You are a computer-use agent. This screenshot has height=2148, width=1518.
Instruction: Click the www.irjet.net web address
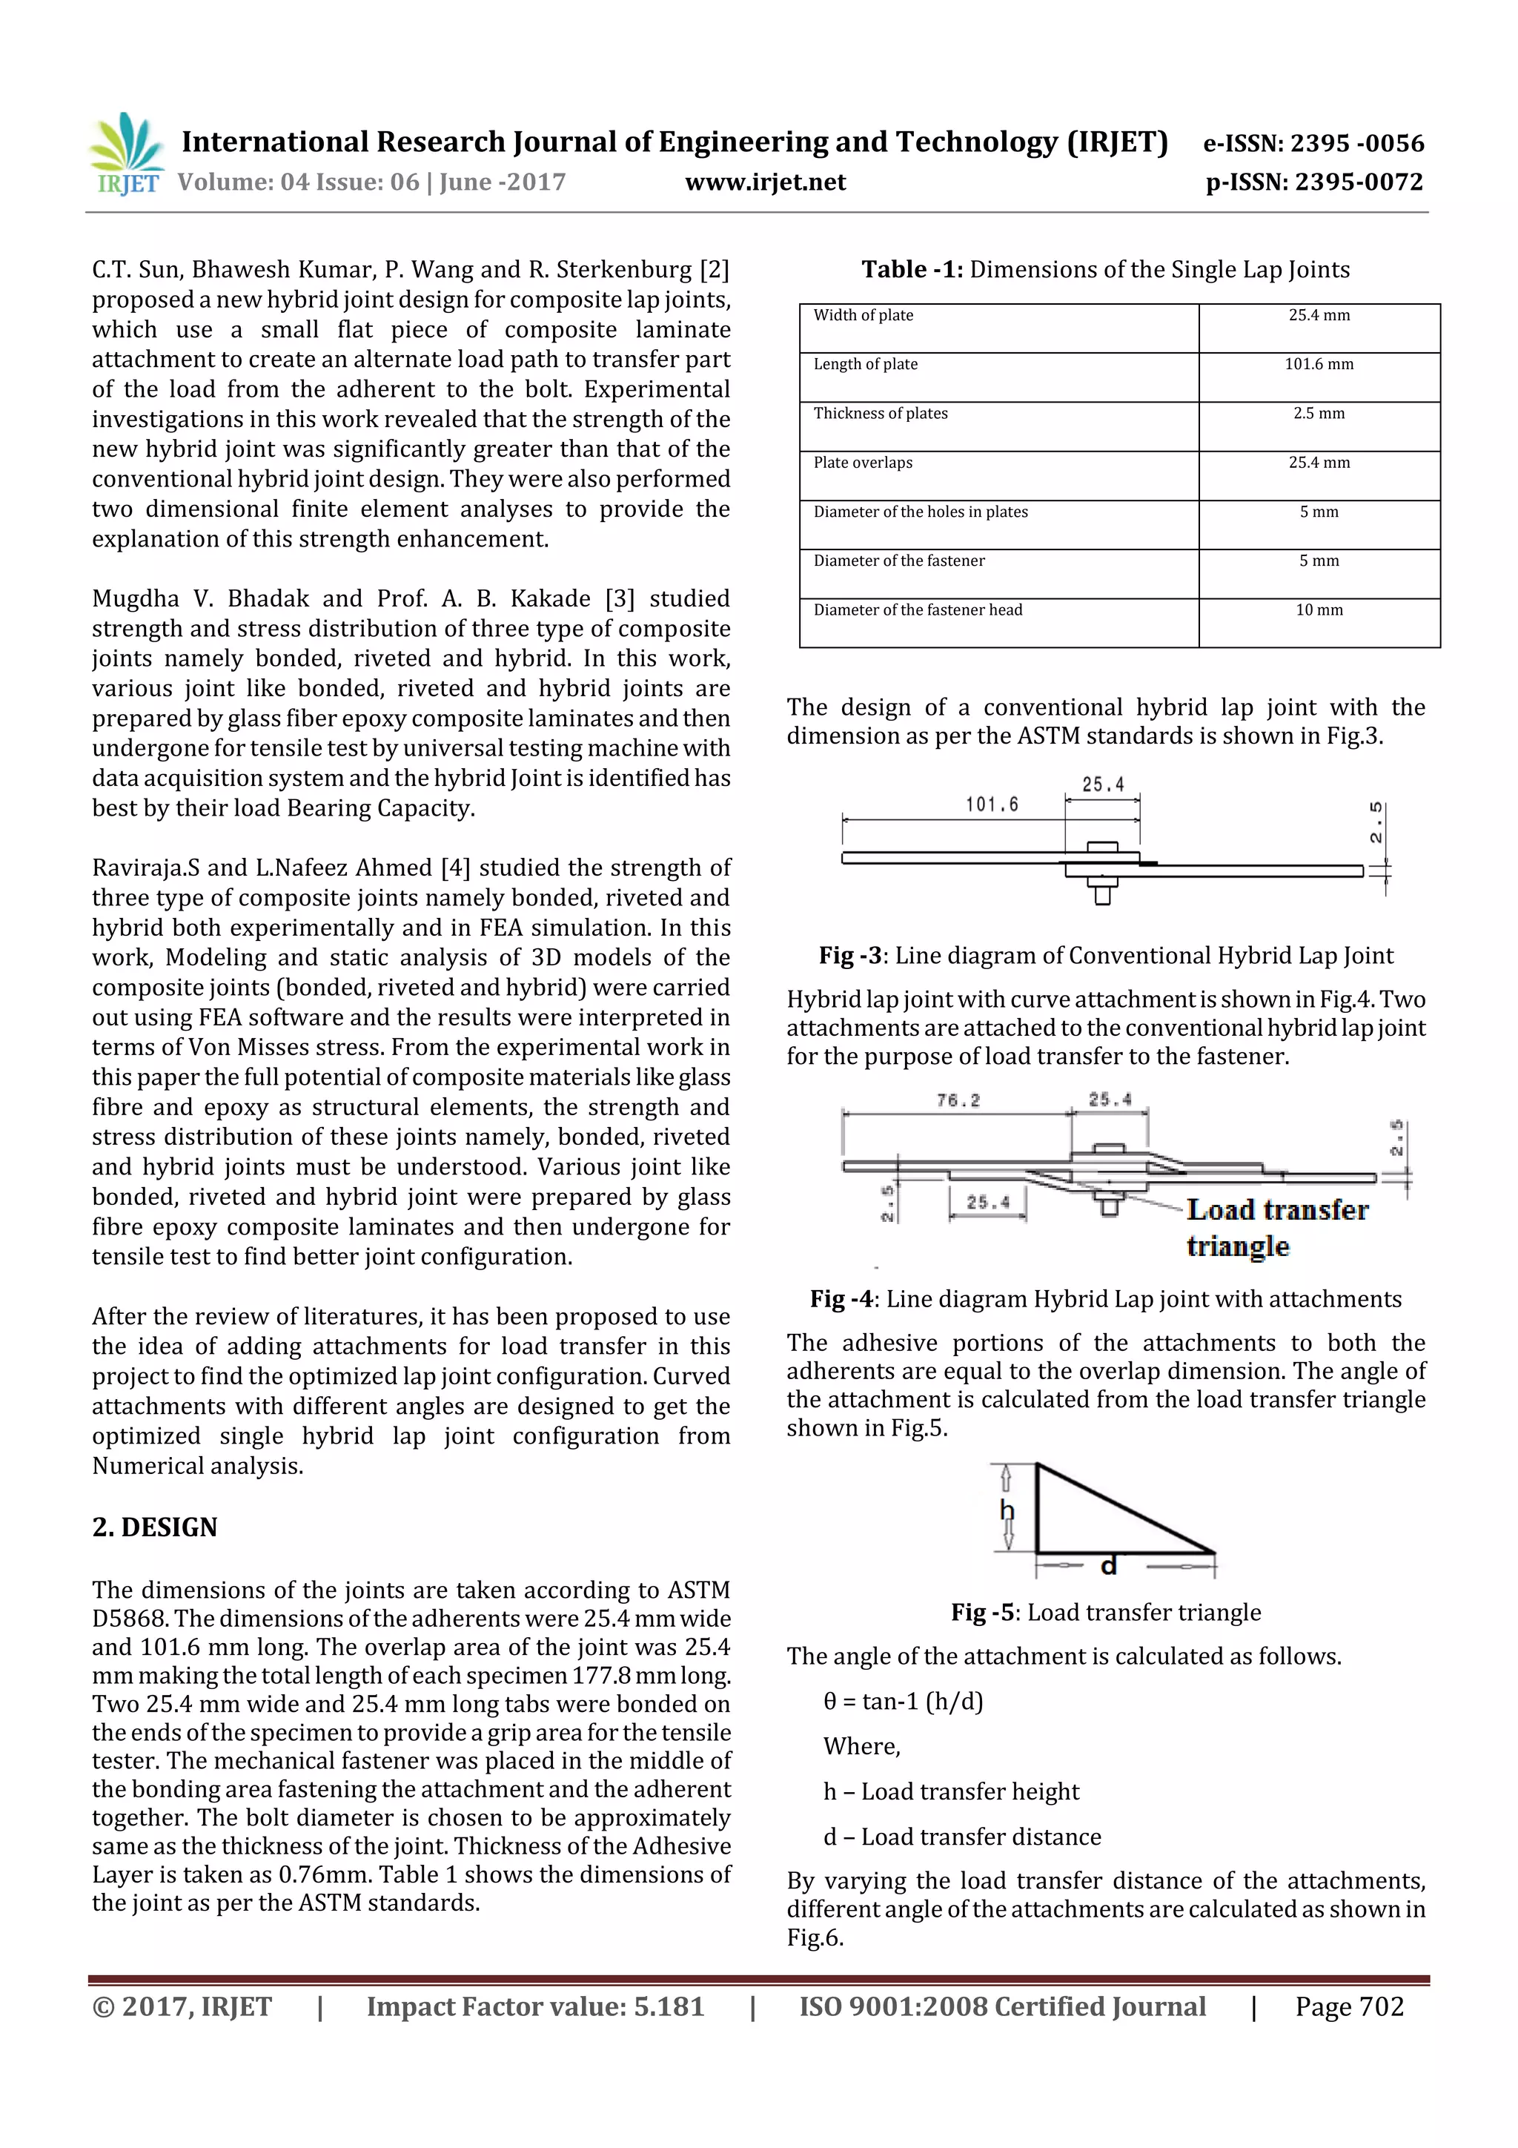pyautogui.click(x=765, y=182)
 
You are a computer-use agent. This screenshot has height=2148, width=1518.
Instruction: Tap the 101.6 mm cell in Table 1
pyautogui.click(x=1319, y=364)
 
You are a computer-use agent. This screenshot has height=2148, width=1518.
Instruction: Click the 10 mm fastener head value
pyautogui.click(x=1319, y=610)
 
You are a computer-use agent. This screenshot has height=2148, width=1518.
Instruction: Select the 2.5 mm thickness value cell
pyautogui.click(x=1319, y=414)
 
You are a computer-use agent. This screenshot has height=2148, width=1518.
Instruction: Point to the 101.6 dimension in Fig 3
pyautogui.click(x=992, y=804)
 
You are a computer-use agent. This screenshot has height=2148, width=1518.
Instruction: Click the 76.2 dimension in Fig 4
pyautogui.click(x=958, y=1101)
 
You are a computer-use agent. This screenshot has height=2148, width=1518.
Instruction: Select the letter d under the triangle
pyautogui.click(x=1108, y=1566)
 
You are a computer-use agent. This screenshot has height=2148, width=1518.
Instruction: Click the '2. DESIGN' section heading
pyautogui.click(x=154, y=1527)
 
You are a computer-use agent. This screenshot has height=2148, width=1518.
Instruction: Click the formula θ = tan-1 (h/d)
pyautogui.click(x=903, y=1701)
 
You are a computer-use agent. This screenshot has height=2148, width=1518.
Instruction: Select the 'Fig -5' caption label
pyautogui.click(x=982, y=1612)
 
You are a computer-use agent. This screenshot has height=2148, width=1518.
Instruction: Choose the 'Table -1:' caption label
pyautogui.click(x=911, y=271)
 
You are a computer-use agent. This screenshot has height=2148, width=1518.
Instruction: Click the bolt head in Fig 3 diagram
pyautogui.click(x=1103, y=848)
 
